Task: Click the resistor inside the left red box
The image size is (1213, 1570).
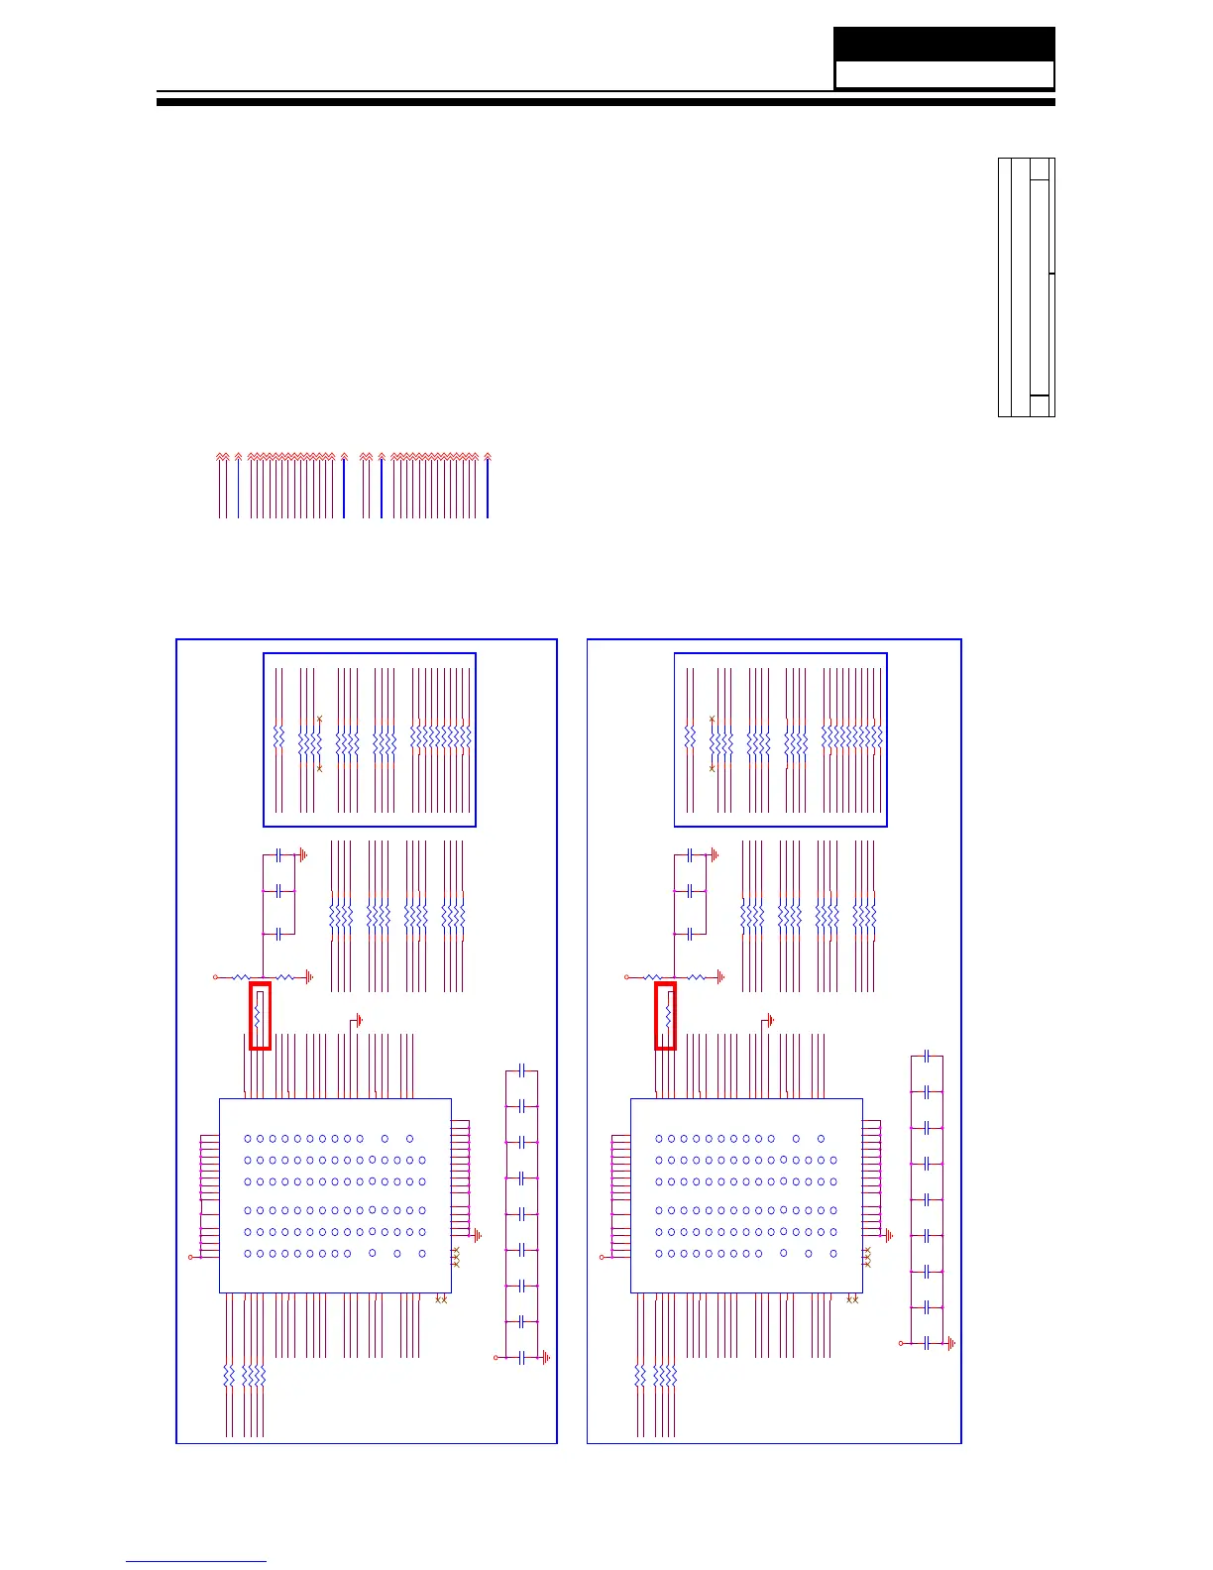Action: point(258,1015)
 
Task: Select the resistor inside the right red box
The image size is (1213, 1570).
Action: point(669,1015)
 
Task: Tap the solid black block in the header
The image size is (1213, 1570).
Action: point(943,45)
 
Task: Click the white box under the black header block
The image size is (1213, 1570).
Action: point(943,75)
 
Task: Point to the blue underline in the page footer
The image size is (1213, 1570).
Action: point(196,1562)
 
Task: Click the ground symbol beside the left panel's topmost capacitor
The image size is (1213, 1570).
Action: point(303,853)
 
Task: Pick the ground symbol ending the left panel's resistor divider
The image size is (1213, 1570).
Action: point(310,977)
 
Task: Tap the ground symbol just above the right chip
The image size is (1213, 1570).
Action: point(769,1020)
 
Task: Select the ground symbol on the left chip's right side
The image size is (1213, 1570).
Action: point(478,1236)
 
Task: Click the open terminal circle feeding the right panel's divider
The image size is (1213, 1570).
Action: point(626,977)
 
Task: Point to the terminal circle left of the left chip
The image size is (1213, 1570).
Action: point(190,1258)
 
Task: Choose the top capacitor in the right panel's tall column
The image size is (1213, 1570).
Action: point(926,1057)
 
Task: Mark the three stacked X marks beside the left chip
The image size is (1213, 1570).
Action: point(455,1258)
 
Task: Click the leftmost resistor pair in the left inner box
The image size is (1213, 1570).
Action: point(278,739)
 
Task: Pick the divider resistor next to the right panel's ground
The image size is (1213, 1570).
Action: point(696,977)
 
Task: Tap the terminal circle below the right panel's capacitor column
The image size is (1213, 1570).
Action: point(901,1343)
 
